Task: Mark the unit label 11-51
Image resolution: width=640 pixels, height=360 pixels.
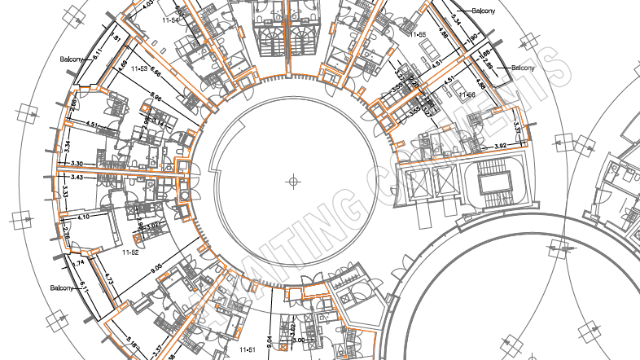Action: click(x=247, y=349)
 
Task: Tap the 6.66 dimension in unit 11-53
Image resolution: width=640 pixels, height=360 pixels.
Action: click(x=155, y=75)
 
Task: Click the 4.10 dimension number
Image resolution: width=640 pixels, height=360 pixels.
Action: click(x=83, y=217)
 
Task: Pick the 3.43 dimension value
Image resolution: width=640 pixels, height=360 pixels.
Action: click(x=77, y=177)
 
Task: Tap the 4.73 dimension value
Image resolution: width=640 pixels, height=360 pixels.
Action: click(x=107, y=281)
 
